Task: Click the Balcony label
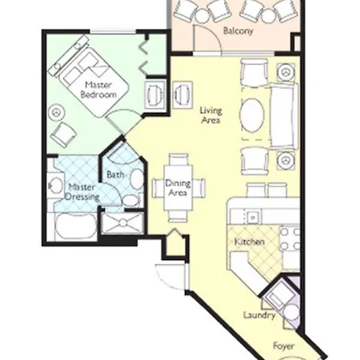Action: coord(238,31)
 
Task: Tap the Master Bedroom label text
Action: coord(98,90)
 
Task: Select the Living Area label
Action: coord(210,115)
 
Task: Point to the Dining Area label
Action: coord(178,188)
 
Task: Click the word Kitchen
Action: coord(250,242)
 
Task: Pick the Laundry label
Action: coord(259,315)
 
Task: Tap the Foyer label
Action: coord(283,346)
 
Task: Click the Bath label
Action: coord(115,174)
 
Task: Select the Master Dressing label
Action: coord(82,192)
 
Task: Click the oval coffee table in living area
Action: coord(252,115)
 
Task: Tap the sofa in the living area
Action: coord(284,116)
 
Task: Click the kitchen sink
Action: coord(253,218)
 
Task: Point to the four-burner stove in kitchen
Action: coord(290,238)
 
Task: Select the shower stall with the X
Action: coord(122,222)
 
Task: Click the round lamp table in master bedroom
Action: coord(56,113)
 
